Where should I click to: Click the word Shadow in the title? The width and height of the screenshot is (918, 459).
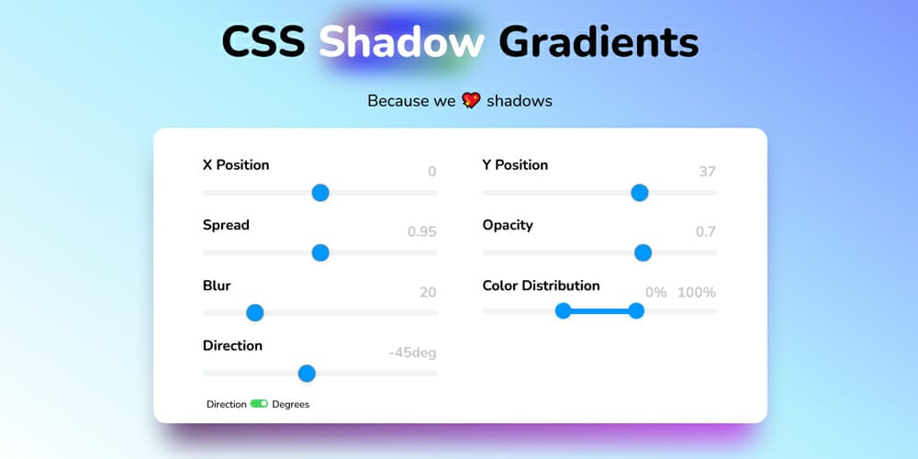tap(401, 42)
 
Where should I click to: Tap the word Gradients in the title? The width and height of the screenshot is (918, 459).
tap(599, 42)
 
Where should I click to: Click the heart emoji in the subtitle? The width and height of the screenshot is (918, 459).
tap(471, 101)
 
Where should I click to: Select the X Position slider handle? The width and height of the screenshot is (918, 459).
tap(320, 193)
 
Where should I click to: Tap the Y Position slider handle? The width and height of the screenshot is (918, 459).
tap(640, 193)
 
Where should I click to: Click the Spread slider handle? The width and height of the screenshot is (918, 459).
tap(320, 252)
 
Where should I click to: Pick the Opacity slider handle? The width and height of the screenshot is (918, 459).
tap(643, 252)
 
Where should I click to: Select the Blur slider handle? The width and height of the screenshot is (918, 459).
tap(255, 313)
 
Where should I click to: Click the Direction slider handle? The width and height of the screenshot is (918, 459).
tap(308, 374)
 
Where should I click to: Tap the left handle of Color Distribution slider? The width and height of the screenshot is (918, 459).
tap(564, 311)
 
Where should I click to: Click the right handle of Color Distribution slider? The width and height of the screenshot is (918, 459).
tap(636, 311)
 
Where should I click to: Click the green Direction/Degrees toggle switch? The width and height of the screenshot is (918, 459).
tap(259, 404)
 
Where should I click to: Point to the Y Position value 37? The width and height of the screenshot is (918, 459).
tap(707, 172)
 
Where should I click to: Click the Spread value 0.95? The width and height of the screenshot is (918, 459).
tap(421, 232)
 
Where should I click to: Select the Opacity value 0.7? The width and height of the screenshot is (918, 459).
tap(705, 232)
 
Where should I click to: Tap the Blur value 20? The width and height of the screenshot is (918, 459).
tap(428, 293)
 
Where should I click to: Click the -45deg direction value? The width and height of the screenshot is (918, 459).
tap(412, 353)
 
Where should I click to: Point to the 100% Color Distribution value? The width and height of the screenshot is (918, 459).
tap(697, 293)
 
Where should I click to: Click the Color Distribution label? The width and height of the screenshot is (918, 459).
tap(541, 285)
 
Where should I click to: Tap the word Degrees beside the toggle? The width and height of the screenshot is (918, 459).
tap(291, 405)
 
